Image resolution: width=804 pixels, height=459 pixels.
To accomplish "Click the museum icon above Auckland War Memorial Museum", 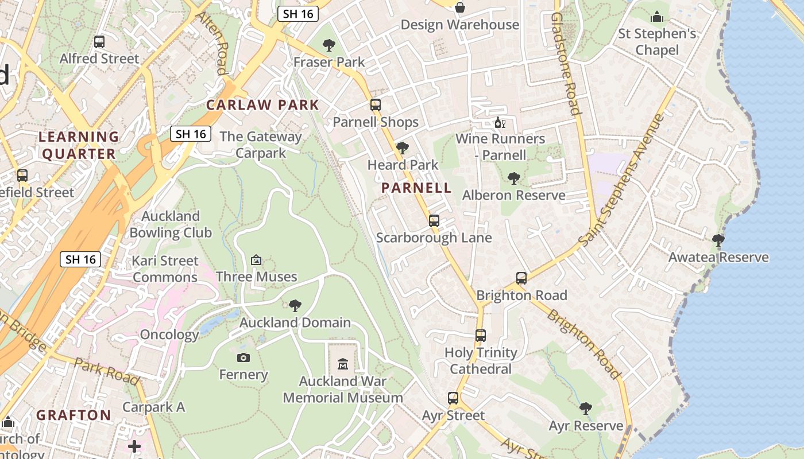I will coord(343,364).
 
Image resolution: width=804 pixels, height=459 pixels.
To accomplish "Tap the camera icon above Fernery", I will coord(243,357).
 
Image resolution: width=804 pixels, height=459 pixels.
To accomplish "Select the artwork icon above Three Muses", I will coord(256,260).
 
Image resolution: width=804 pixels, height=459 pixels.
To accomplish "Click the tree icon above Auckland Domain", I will coord(295,305).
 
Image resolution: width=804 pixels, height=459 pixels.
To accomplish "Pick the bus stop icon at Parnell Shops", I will coord(376,105).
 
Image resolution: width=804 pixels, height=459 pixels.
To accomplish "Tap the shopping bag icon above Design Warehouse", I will coord(459,7).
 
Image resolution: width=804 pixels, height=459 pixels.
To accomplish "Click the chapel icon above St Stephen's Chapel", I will coord(657,17).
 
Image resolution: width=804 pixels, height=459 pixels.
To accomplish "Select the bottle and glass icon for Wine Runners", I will coord(500,123).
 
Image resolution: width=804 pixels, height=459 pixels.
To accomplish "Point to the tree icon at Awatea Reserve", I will coord(718,240).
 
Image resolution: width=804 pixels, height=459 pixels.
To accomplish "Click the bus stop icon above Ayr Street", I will coord(453,398).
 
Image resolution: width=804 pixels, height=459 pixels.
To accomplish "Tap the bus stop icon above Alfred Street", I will coord(99,41).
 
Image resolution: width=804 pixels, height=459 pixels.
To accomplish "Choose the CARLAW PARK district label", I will coord(262,105).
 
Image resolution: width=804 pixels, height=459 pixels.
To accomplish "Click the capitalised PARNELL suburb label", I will coord(416,188).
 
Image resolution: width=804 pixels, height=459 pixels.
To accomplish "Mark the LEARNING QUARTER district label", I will coord(78,145).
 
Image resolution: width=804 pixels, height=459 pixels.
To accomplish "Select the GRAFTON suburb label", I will coord(74,415).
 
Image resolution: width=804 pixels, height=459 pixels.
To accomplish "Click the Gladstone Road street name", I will coord(564,63).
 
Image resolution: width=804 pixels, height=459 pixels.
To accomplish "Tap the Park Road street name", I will coord(106,371).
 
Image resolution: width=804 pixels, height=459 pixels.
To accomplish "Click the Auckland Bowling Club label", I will coord(171,224).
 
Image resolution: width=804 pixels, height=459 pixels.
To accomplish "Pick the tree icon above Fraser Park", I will coord(329,45).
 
